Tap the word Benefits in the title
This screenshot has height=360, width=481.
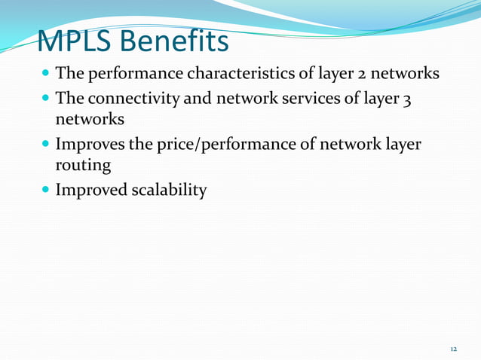(180, 41)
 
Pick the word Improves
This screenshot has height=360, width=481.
(90, 144)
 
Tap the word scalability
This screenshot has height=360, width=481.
(167, 190)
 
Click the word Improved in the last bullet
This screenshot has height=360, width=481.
(90, 190)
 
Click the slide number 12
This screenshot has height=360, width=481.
(453, 349)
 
